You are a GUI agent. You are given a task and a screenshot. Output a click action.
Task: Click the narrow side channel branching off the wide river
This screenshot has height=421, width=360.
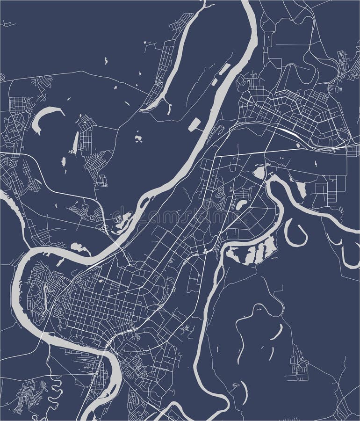[x=171, y=61]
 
